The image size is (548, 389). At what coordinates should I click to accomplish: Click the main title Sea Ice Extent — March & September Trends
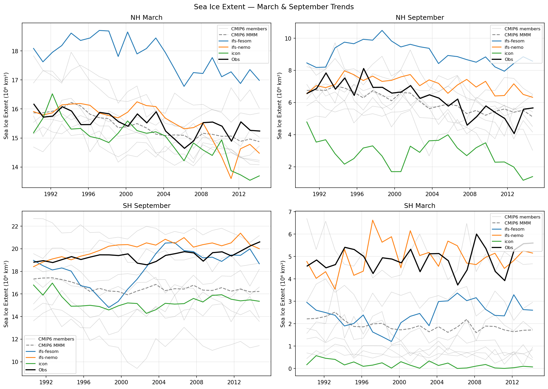(274, 7)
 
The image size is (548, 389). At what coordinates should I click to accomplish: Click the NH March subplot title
(146, 18)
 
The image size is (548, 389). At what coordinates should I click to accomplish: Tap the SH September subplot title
(146, 206)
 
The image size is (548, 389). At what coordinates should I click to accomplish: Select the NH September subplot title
(420, 18)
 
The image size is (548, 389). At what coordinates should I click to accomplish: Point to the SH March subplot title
(420, 206)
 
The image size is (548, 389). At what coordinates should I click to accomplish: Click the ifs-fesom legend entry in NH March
(241, 41)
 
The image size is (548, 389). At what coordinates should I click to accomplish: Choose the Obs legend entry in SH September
(43, 370)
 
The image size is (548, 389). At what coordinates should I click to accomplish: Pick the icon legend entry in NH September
(509, 54)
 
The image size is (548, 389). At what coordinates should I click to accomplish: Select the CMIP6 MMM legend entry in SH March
(517, 223)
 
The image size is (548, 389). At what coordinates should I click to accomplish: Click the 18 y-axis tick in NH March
(16, 51)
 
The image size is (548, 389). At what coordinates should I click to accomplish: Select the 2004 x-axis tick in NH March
(164, 194)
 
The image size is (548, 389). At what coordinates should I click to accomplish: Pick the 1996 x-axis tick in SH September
(84, 382)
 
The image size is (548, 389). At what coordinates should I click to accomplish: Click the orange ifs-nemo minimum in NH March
(231, 179)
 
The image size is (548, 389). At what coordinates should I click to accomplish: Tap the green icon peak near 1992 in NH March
(52, 94)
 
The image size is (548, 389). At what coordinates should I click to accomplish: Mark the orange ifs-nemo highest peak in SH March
(373, 220)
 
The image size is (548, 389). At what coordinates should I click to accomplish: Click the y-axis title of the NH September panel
(279, 105)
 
